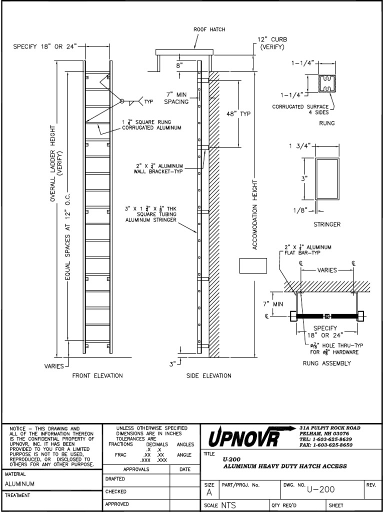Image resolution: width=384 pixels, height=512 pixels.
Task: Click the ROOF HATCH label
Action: (209, 29)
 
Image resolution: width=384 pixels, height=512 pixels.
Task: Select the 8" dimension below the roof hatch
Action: (179, 65)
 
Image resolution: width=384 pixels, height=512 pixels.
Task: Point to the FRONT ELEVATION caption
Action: (97, 375)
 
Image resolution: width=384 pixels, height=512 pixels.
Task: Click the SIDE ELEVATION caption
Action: (208, 375)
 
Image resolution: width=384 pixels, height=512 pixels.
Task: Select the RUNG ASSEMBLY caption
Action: (327, 363)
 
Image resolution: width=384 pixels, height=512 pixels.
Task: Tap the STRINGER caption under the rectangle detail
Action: (327, 224)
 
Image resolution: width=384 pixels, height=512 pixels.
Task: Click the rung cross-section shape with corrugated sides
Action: (327, 84)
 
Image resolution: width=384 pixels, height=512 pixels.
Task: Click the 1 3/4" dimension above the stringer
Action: (300, 145)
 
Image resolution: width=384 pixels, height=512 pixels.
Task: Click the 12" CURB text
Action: (272, 39)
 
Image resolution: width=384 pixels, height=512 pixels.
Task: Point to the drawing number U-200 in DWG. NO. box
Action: (321, 489)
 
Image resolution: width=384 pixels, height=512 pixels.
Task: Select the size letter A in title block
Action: (208, 492)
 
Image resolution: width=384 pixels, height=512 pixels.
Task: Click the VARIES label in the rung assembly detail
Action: (327, 270)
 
